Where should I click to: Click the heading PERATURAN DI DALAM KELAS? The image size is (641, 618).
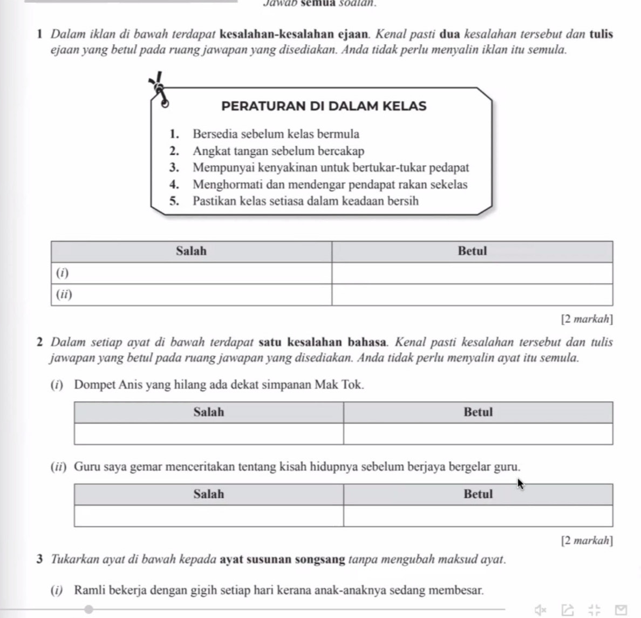coord(324,106)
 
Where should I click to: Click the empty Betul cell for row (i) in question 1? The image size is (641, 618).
coord(472,273)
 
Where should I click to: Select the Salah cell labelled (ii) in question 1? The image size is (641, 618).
coord(191,295)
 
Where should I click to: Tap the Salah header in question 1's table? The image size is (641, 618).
coord(191,251)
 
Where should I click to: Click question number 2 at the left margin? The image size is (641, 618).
coord(41,342)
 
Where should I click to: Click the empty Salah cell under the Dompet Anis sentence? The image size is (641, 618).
coord(208,434)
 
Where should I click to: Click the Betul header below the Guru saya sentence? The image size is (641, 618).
coord(478,494)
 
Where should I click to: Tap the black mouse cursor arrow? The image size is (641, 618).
coord(520,484)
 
